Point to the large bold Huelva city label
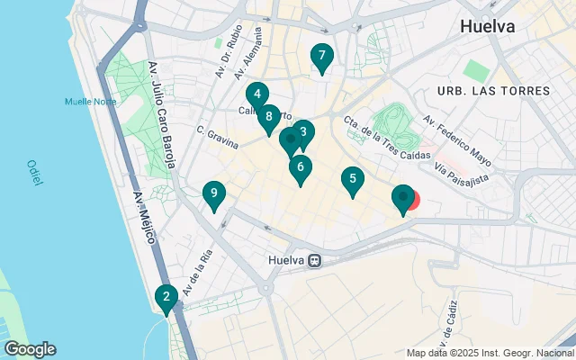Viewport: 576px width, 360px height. click(x=487, y=26)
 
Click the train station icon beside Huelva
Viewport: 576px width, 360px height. click(x=315, y=261)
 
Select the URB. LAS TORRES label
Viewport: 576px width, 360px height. click(x=493, y=91)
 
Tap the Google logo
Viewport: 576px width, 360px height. click(x=30, y=349)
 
